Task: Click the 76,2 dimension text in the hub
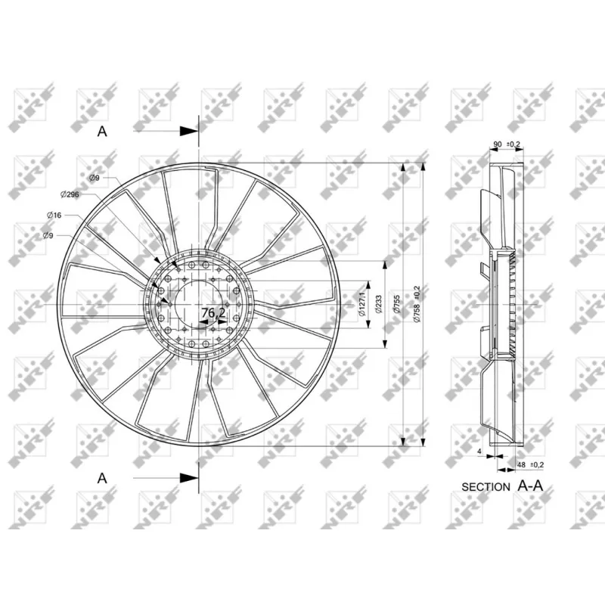[213, 312]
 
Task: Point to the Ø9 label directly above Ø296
[95, 178]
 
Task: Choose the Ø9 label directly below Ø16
[48, 236]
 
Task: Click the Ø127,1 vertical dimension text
[363, 302]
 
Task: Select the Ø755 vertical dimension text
[397, 302]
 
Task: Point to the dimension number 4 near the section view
[479, 451]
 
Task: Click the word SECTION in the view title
[486, 487]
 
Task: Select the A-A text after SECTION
[530, 486]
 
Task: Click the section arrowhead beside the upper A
[190, 131]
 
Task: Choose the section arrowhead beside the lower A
[190, 477]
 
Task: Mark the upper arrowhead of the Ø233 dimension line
[386, 266]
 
